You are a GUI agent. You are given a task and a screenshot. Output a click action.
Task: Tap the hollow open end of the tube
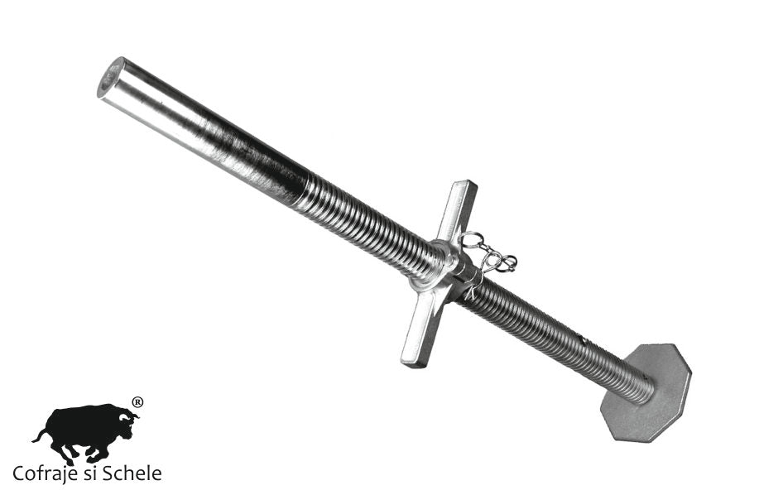[111, 78]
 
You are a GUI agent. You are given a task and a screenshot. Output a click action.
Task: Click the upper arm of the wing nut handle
[458, 209]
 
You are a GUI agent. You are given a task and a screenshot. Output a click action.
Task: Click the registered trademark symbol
[137, 402]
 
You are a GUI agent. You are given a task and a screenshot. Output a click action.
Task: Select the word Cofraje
[45, 473]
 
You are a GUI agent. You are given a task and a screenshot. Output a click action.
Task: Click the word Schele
[132, 473]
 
